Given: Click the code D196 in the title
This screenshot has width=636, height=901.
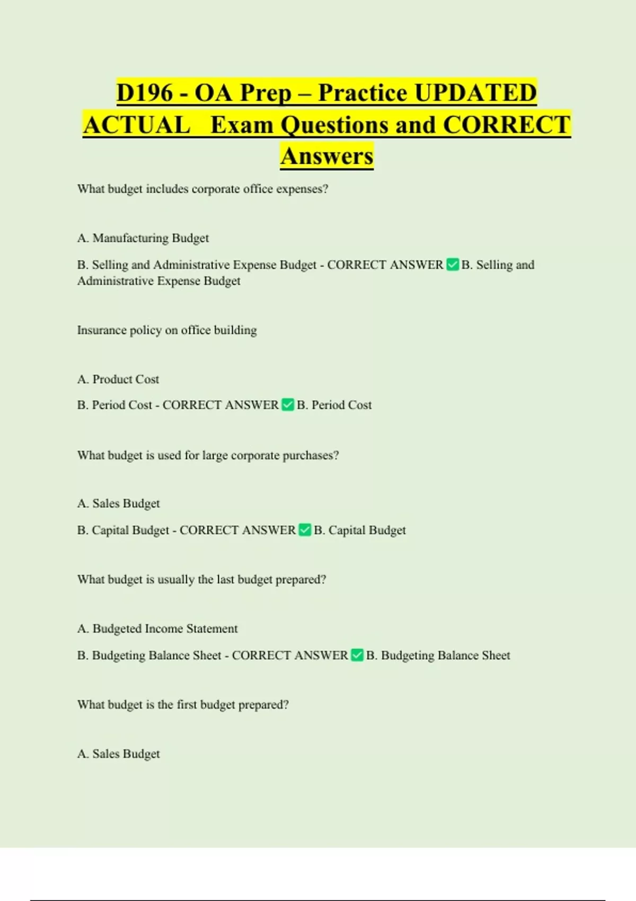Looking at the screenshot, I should pos(144,93).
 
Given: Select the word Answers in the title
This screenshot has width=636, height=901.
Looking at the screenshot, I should pos(326,156).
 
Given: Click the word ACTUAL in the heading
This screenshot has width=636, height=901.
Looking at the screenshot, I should pos(136,125).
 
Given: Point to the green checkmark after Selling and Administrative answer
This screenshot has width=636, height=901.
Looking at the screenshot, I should pos(453,264).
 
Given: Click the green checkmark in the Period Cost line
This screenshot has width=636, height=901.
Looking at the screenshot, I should pos(288,405).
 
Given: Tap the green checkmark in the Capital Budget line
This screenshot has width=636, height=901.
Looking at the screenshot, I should pos(305,530).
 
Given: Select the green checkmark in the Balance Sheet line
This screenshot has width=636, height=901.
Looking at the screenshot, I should pos(357,655).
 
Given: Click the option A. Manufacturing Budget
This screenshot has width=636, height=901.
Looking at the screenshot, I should pos(143,238).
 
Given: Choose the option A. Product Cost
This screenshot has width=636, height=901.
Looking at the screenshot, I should pos(118,379).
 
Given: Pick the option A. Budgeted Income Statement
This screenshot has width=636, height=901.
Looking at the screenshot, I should pos(157,629).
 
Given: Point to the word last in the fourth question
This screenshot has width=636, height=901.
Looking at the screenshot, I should pos(225,579).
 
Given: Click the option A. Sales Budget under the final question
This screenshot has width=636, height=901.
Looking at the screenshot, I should pos(119,754).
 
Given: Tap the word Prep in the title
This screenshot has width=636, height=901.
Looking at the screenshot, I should pos(266,93).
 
